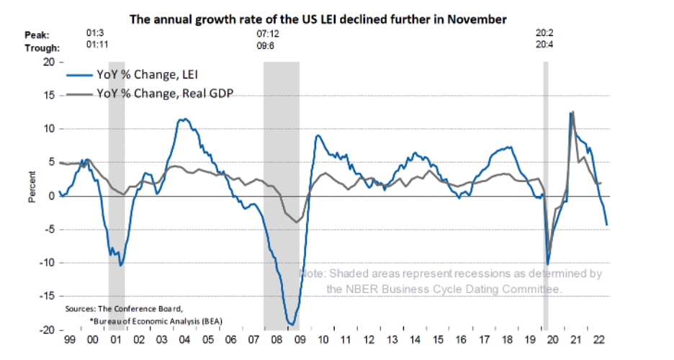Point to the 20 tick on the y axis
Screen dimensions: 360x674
tap(49, 62)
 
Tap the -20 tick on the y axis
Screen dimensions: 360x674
tap(47, 330)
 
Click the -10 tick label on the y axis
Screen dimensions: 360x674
tap(47, 263)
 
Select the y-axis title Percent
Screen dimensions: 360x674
tap(32, 187)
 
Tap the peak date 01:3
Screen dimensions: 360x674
tap(96, 34)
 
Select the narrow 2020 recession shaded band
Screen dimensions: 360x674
tap(545, 194)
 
